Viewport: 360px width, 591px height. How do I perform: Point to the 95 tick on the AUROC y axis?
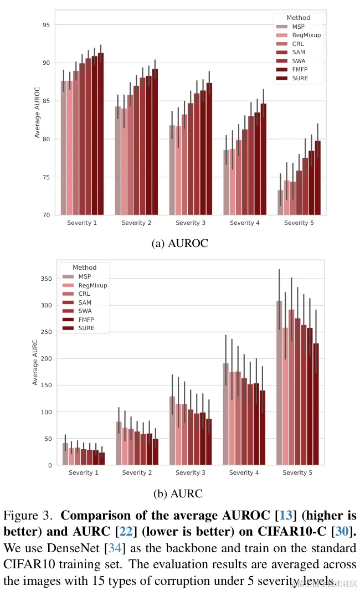pyautogui.click(x=47, y=25)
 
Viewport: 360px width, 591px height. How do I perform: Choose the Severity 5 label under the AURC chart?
pyautogui.click(x=297, y=473)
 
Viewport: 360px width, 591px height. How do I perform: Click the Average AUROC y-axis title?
pyautogui.click(x=37, y=112)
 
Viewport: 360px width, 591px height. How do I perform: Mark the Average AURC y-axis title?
pyautogui.click(x=35, y=362)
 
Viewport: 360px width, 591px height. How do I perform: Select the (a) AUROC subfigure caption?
pyautogui.click(x=180, y=243)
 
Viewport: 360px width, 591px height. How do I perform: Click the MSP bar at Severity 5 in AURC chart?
pyautogui.click(x=280, y=382)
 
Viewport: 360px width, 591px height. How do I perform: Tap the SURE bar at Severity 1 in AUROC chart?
pyautogui.click(x=101, y=133)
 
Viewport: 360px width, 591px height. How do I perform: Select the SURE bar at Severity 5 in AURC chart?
pyautogui.click(x=316, y=404)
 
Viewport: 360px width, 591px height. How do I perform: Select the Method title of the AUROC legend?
pyautogui.click(x=299, y=18)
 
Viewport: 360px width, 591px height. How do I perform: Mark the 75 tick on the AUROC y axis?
pyautogui.click(x=47, y=177)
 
